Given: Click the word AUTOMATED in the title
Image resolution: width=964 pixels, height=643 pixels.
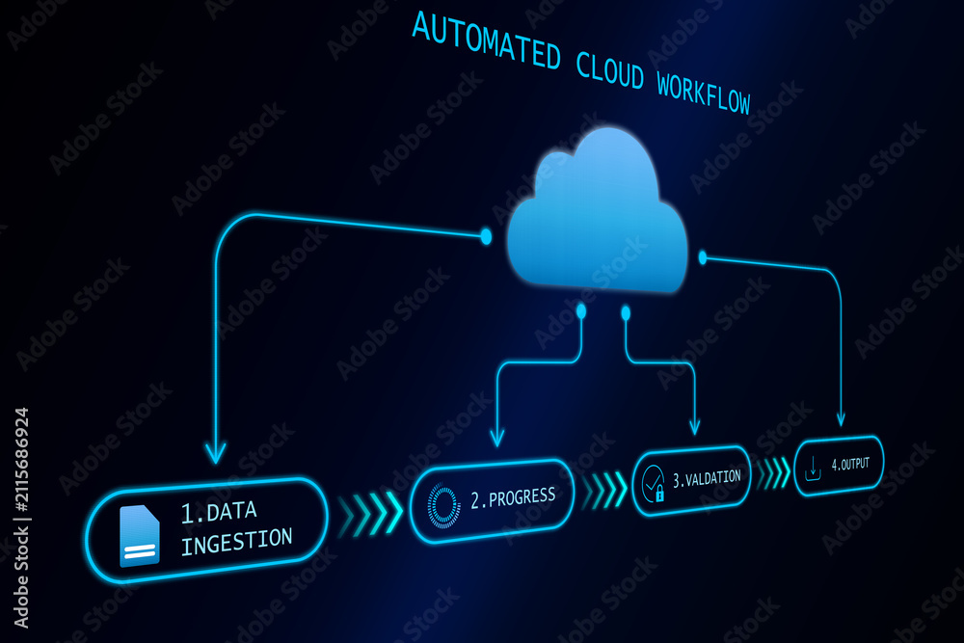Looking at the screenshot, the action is point(486,40).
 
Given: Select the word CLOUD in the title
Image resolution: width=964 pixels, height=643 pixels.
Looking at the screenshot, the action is point(610,70).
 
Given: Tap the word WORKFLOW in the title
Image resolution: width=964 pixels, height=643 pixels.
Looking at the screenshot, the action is point(704,93).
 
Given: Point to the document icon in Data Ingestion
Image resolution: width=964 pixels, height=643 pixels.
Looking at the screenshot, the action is point(140,535).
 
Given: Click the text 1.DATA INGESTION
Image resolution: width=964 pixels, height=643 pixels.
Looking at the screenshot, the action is point(236,527).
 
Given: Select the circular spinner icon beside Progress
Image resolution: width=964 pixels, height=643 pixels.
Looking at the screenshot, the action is point(443,506).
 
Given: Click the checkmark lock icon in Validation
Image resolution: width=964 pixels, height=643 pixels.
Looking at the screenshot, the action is point(653,483).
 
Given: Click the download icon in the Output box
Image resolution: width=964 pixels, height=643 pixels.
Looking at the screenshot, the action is point(813,469).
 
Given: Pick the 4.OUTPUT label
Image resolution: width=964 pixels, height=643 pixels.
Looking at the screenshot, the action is point(850,464).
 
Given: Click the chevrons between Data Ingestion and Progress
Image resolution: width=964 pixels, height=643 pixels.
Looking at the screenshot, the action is point(370,514).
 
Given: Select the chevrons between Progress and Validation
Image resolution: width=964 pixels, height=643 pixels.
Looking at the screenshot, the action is point(603,490).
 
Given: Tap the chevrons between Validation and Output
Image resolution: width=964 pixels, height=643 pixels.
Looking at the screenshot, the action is point(773,472).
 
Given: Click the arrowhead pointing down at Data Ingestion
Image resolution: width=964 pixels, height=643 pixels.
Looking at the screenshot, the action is point(216,452).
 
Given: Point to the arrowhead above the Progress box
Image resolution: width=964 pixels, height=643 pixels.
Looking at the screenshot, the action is point(497,439).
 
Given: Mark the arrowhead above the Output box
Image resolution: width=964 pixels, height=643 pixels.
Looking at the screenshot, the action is point(841,419).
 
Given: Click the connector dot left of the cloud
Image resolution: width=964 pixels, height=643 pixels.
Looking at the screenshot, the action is point(486,236).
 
